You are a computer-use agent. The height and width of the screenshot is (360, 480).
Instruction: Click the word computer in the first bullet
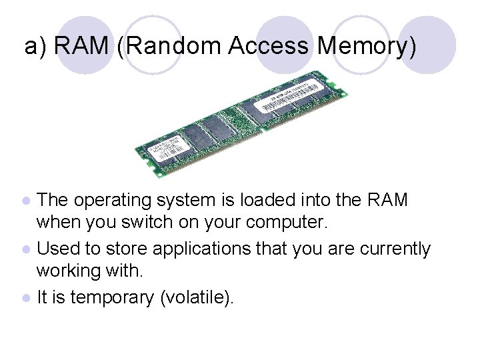coord(291,220)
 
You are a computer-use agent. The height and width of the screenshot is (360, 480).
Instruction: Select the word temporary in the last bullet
coord(112,298)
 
